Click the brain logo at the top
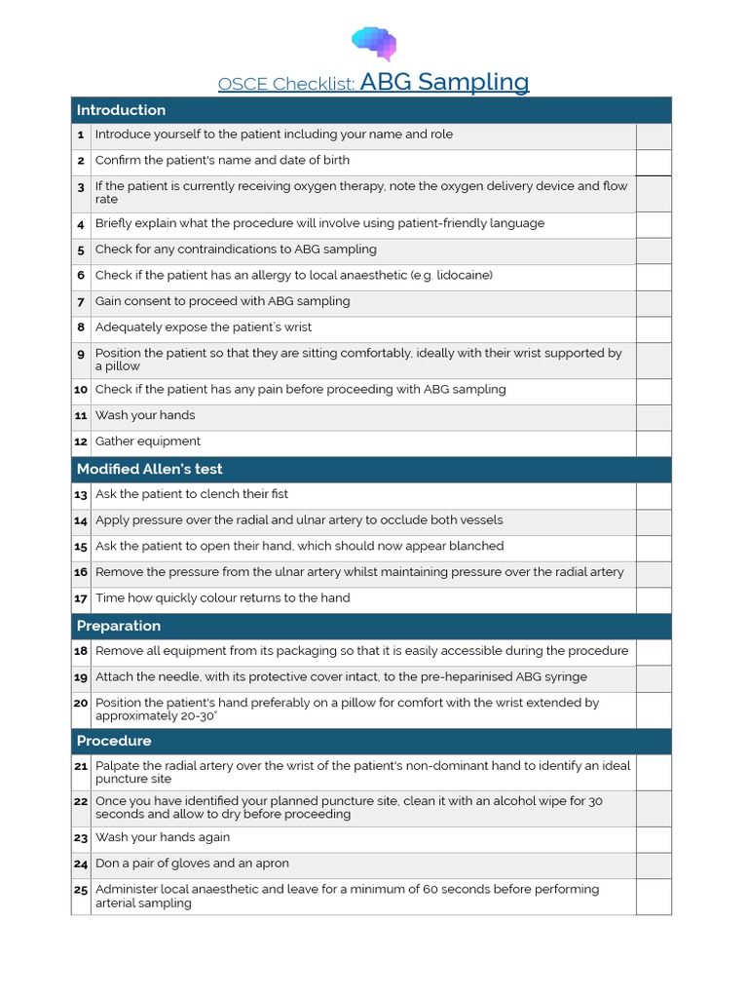(374, 42)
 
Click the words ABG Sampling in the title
(444, 82)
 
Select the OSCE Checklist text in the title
(286, 84)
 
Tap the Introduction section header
(122, 110)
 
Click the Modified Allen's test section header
(150, 470)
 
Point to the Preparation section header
(119, 626)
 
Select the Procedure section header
(114, 742)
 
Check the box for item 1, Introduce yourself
(654, 135)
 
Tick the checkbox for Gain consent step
(654, 302)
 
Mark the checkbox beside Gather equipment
(654, 442)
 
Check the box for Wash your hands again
(654, 838)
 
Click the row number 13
(81, 495)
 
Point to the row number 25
(81, 891)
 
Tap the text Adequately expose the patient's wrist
(204, 327)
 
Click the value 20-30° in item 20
(196, 716)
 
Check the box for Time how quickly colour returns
(654, 599)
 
